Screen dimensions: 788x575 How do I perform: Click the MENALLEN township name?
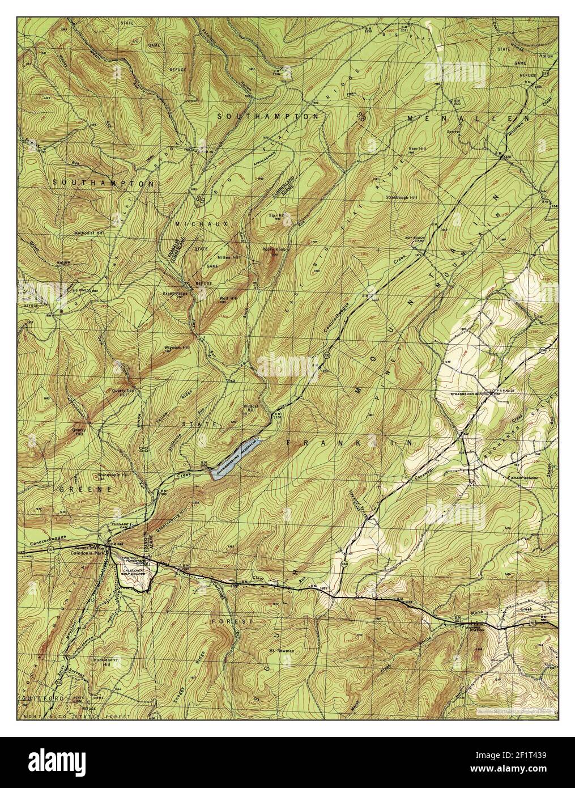pyautogui.click(x=467, y=119)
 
